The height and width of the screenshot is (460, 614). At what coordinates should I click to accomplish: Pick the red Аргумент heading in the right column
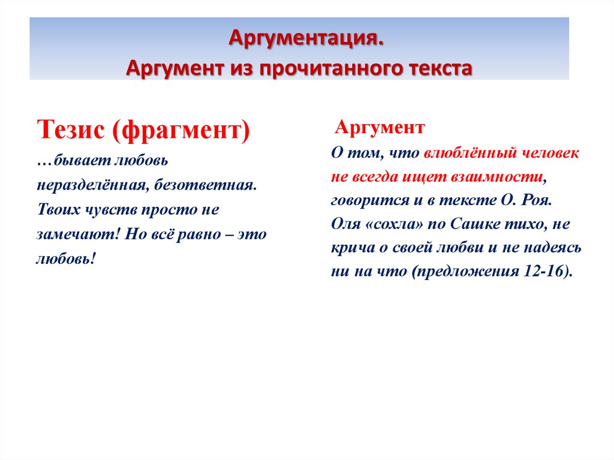coord(380,127)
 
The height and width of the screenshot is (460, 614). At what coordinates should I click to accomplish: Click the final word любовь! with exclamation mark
coord(66,259)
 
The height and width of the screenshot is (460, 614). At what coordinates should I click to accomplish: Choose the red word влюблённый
coord(470,154)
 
